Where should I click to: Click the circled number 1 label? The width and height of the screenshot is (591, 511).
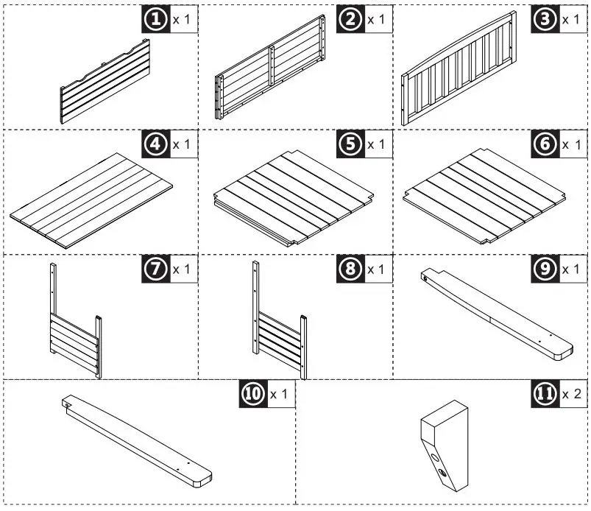[x=155, y=19]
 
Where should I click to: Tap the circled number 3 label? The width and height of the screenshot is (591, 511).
[x=545, y=19]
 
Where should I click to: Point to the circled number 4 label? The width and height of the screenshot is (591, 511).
[x=155, y=144]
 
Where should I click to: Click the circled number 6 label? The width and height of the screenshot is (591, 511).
[x=545, y=144]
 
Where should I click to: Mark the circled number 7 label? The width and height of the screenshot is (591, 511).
[x=155, y=269]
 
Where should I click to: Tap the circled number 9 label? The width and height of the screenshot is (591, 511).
[x=545, y=269]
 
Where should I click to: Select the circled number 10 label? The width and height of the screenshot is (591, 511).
[x=252, y=395]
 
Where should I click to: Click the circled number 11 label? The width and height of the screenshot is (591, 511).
[x=545, y=395]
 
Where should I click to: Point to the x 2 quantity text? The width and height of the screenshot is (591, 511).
[x=572, y=395]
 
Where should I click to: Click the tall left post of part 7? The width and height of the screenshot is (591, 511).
[x=53, y=309]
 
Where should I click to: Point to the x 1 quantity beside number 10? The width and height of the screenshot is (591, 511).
[x=279, y=395]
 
